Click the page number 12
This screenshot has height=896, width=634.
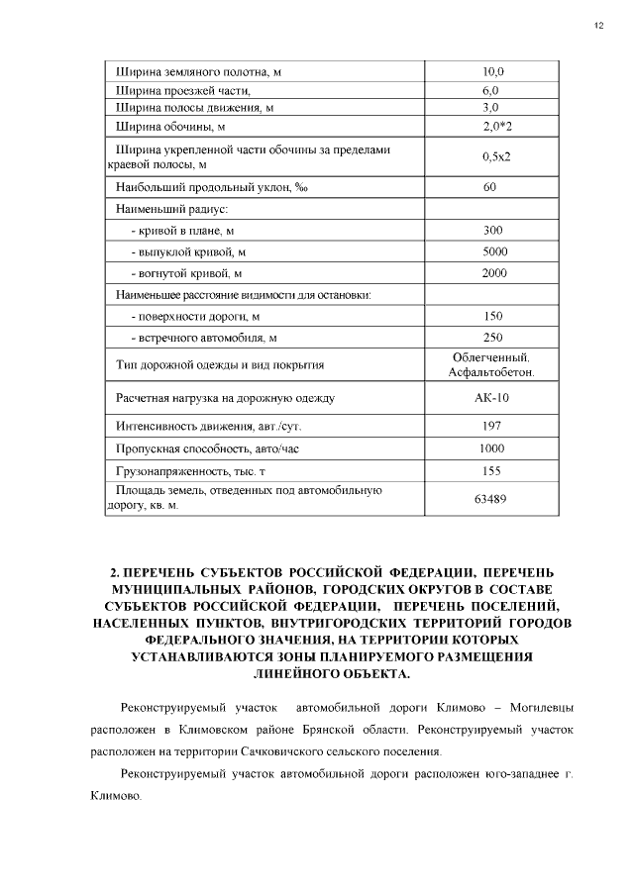point(598,26)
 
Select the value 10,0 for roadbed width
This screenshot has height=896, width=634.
point(493,72)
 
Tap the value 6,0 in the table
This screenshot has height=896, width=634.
point(493,90)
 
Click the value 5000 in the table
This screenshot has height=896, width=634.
point(493,251)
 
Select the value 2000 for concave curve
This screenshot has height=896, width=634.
point(493,272)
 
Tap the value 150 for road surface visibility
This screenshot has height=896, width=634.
point(493,316)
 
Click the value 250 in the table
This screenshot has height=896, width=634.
point(493,337)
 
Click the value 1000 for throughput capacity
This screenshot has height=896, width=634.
point(492,448)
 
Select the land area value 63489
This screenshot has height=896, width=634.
point(492,498)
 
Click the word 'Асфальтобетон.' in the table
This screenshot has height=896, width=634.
point(492,373)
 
